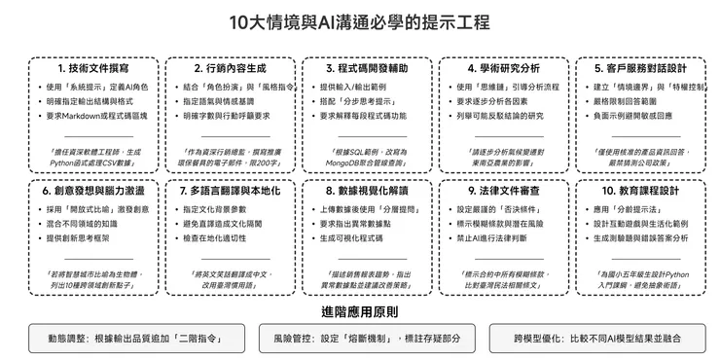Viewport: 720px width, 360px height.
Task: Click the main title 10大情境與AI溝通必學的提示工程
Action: point(360,21)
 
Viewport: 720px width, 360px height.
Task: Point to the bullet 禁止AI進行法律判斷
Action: point(498,237)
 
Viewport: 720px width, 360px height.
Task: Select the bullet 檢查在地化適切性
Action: point(224,237)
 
